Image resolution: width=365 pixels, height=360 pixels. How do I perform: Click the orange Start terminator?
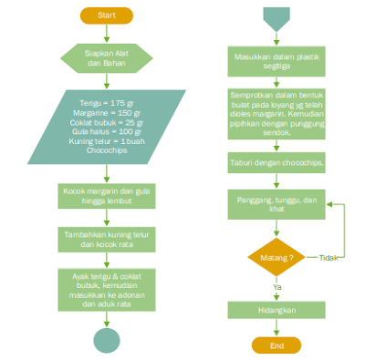pyautogui.click(x=107, y=16)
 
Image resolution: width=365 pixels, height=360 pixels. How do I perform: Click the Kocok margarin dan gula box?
pyautogui.click(x=107, y=196)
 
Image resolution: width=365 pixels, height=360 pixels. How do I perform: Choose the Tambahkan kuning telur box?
pyautogui.click(x=107, y=239)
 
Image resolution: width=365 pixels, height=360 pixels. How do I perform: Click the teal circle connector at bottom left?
pyautogui.click(x=107, y=340)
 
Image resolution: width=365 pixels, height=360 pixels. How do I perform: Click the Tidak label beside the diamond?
pyautogui.click(x=328, y=258)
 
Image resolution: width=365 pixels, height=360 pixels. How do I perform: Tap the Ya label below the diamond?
pyautogui.click(x=277, y=288)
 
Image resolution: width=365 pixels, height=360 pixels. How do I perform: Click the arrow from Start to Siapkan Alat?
pyautogui.click(x=107, y=33)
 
